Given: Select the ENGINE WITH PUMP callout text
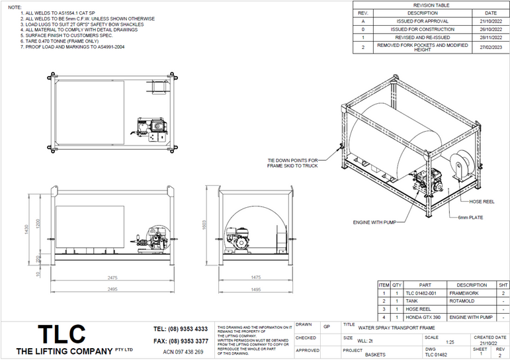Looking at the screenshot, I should [374, 222].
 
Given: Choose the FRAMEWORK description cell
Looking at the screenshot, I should [464, 292].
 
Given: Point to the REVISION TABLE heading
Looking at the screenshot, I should [431, 4].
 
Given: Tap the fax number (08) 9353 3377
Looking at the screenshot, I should [180, 341].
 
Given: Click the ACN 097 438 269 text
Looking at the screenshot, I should [183, 352].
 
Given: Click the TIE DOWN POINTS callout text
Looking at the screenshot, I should [293, 163].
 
